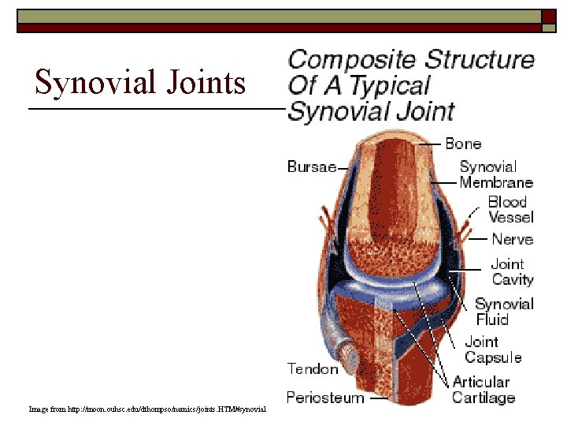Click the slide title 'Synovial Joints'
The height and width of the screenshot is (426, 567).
140,82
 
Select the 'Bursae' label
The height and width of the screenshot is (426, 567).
311,166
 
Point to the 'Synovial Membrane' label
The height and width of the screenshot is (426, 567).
496,174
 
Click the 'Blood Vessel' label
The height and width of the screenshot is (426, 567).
510,209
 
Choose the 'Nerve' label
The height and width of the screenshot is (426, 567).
512,239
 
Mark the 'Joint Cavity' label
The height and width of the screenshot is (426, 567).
512,271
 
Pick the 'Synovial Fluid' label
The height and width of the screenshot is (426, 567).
504,312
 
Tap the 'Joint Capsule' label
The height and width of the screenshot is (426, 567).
493,349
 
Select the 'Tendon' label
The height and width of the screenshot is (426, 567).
313,368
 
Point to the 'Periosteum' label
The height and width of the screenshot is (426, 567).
325,397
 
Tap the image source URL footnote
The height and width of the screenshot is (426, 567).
147,409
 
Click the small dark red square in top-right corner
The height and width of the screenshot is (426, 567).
548,17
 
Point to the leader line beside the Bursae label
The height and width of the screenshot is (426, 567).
347,167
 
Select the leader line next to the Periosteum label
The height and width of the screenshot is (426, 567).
379,398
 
